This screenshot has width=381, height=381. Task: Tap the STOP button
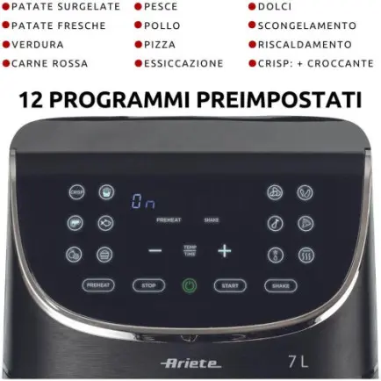[x=148, y=285]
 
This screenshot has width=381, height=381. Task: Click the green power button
[x=190, y=285]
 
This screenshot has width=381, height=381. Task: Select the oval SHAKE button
[x=281, y=285]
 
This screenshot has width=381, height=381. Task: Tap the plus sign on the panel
[x=224, y=251]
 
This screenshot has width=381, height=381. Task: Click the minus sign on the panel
[x=155, y=251]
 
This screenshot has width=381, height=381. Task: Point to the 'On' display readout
[x=142, y=201]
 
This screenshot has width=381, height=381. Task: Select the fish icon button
[x=106, y=223]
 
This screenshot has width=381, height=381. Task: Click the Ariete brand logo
[x=191, y=362]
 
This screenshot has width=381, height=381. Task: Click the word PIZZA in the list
[x=159, y=44]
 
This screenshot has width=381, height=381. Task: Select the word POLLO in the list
[x=162, y=25]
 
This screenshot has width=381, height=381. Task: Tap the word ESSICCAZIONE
[x=183, y=63]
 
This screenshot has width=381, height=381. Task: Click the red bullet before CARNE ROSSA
[x=5, y=63]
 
